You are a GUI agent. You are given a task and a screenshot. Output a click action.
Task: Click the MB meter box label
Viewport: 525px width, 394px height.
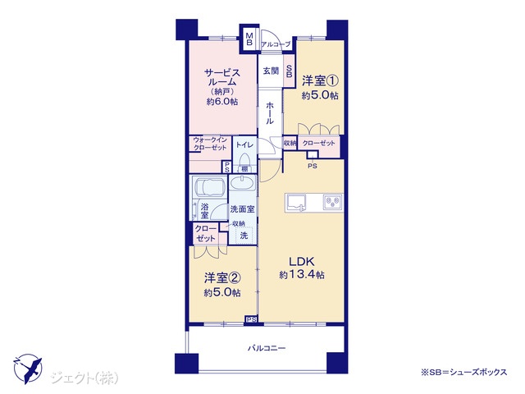[249, 39]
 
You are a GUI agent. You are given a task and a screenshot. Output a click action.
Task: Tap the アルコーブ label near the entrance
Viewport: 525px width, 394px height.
[276, 44]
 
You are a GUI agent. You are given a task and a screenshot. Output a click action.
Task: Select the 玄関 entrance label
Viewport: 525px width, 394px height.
[271, 71]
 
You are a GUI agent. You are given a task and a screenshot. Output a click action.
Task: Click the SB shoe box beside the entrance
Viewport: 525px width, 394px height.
[289, 71]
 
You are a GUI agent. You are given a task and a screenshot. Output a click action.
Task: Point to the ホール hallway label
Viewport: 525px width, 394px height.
[270, 113]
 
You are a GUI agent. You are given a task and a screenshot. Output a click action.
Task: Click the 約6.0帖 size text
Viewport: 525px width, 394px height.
[222, 102]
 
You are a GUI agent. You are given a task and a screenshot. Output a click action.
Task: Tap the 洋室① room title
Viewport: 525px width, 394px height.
[320, 80]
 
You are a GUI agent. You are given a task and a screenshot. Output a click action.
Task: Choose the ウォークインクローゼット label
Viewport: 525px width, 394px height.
[210, 144]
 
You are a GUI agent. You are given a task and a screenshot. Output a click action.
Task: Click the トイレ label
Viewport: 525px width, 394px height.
[244, 144]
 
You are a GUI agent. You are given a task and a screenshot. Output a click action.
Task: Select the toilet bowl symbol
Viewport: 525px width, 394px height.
[244, 160]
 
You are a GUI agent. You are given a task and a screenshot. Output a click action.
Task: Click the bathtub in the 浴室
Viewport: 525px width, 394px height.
[209, 187]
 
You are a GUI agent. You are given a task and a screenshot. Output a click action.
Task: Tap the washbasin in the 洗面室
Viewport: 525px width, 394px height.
[242, 184]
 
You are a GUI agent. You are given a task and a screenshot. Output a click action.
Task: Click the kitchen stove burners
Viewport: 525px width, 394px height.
[332, 203]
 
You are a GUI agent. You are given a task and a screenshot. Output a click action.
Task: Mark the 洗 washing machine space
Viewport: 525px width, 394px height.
[244, 236]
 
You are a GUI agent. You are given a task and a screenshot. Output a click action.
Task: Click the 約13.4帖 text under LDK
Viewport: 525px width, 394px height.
[302, 275]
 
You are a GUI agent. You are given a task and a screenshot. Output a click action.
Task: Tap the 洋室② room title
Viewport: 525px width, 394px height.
[222, 277]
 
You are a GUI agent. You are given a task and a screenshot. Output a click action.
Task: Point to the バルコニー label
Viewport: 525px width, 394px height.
[267, 348]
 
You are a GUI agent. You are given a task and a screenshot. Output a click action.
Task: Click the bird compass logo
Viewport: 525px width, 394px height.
[28, 369]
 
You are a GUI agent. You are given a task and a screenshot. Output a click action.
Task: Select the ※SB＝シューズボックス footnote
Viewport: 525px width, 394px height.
[464, 372]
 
